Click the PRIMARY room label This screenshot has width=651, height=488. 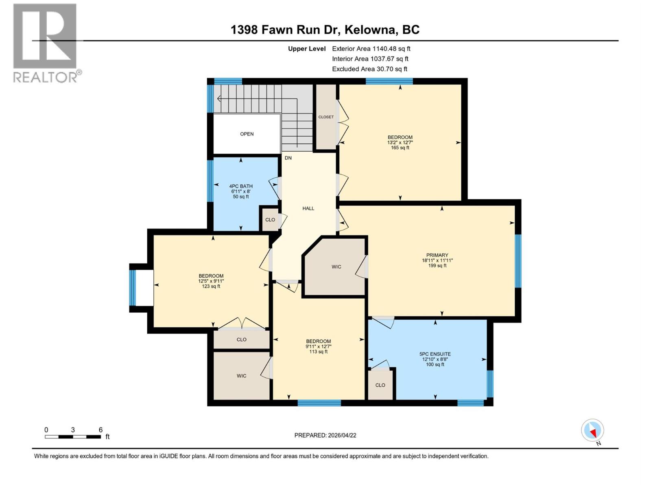click(x=437, y=255)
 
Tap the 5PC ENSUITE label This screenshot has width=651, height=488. click(x=435, y=354)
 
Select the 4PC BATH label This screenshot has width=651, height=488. click(x=241, y=186)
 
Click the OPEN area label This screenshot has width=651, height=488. click(x=247, y=134)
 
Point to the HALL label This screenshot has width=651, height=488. click(x=308, y=208)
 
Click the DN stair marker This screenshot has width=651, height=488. click(x=288, y=158)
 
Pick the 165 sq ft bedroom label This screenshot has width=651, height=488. click(x=400, y=142)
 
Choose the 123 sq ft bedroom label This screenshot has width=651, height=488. click(x=211, y=281)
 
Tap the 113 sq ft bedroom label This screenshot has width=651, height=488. click(x=318, y=346)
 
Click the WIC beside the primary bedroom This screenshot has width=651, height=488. click(x=336, y=267)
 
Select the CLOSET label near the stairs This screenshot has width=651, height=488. click(x=326, y=117)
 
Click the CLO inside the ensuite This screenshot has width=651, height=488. click(x=380, y=385)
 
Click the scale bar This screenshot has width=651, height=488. click(x=73, y=437)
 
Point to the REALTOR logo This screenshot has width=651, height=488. click(x=46, y=43)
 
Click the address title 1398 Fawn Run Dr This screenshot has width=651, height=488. click(x=325, y=30)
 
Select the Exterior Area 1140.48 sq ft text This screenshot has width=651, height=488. click(x=371, y=48)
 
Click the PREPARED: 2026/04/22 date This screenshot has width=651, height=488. click(x=325, y=435)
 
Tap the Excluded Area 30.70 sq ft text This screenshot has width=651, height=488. click(x=369, y=69)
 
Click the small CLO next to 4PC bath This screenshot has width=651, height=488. click(x=270, y=220)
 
